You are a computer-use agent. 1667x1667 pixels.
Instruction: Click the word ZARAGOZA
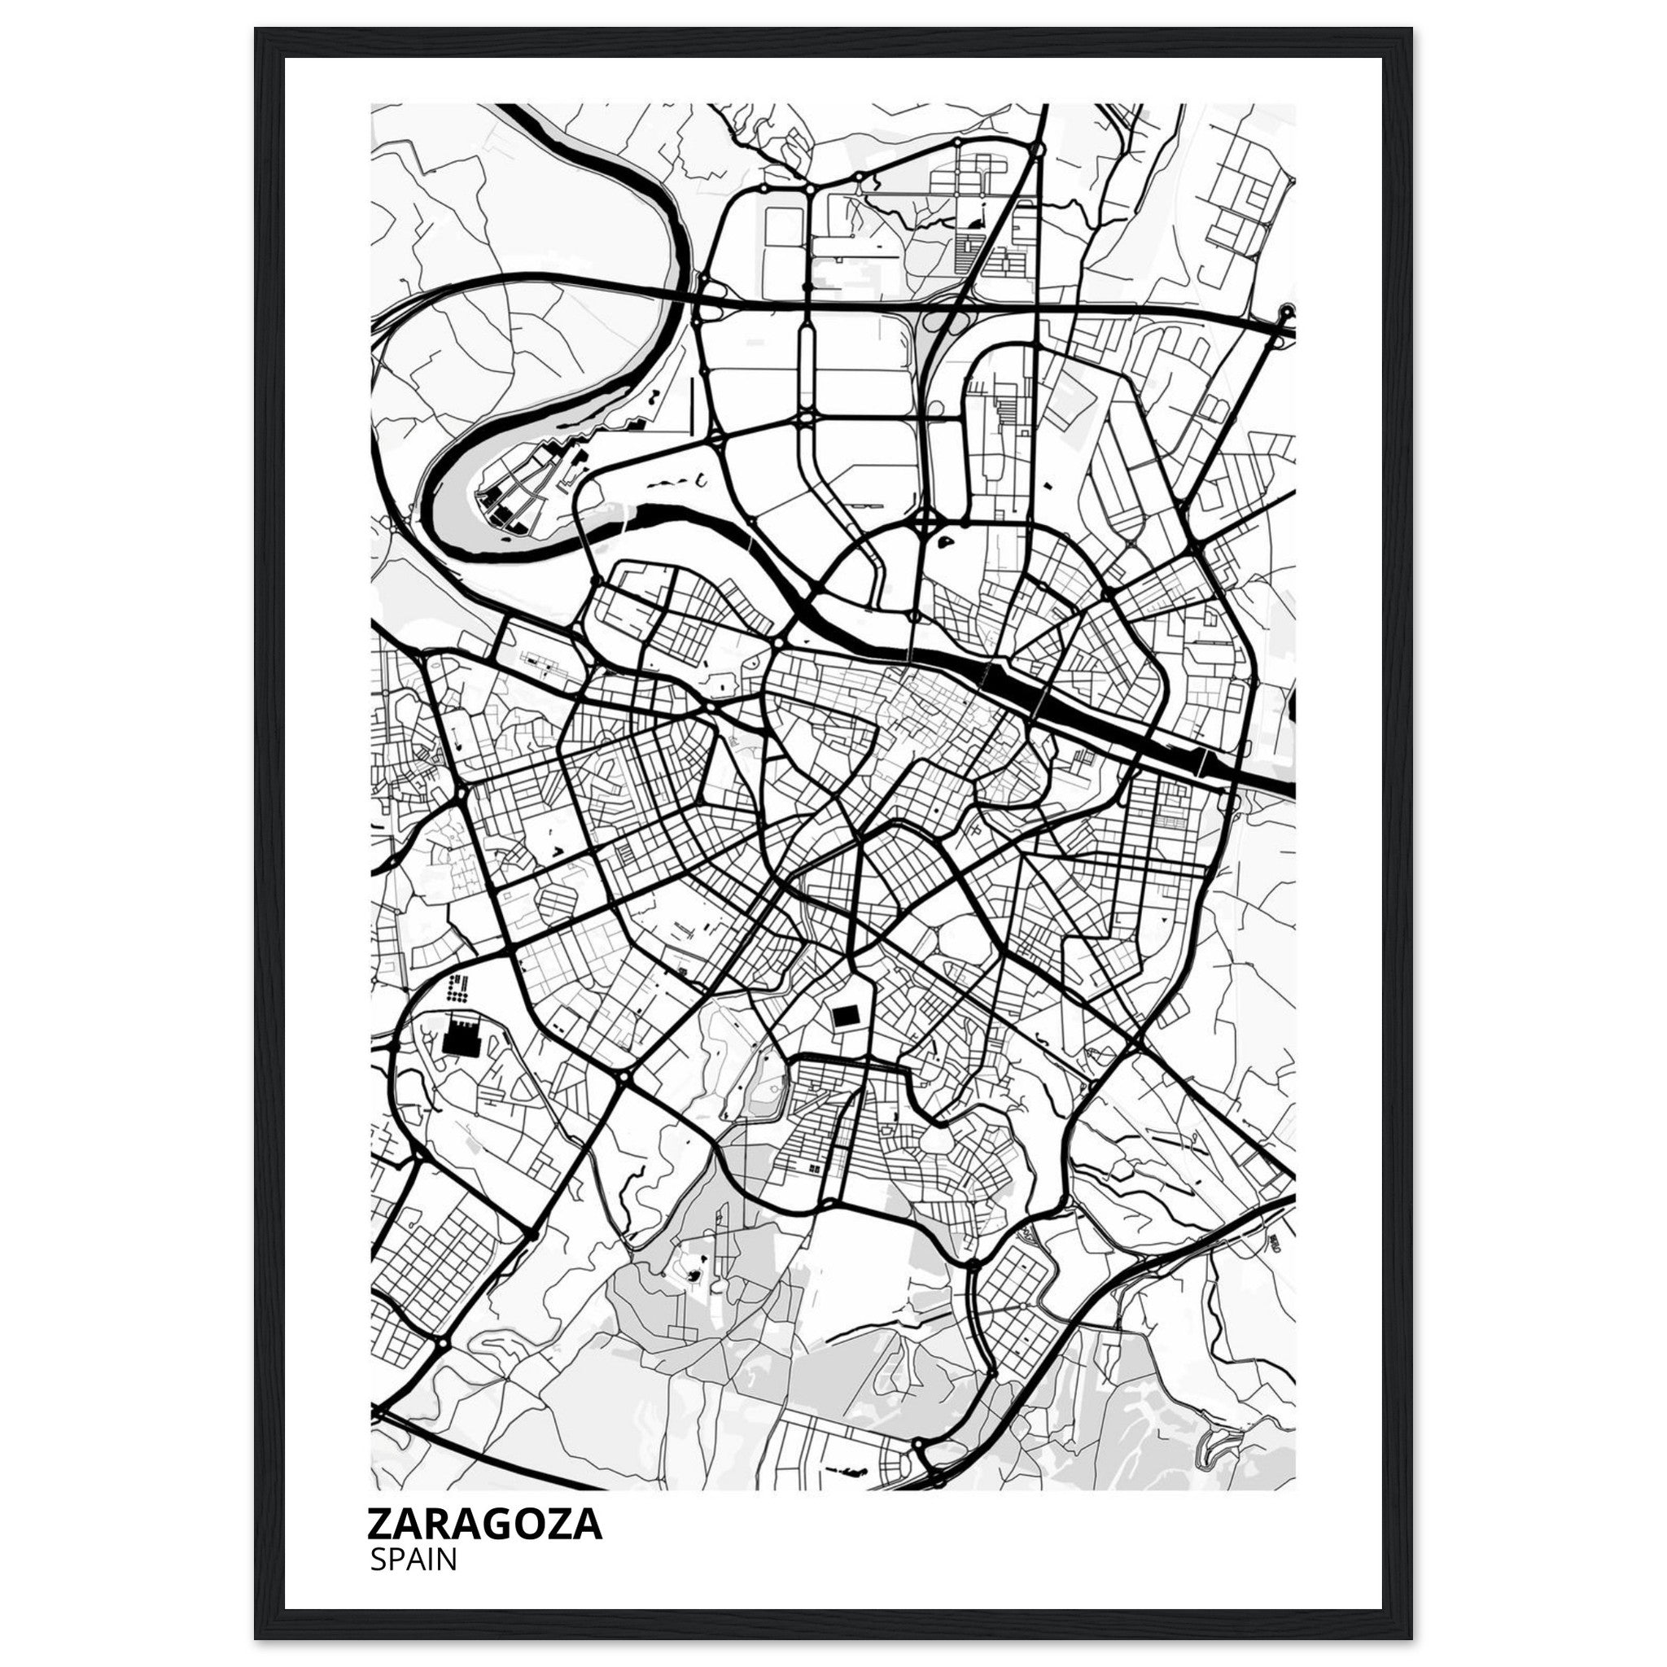[x=485, y=1524]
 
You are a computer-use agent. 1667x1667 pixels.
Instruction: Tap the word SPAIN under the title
[x=413, y=1559]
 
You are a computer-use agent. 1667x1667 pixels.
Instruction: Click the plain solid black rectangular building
[x=844, y=1017]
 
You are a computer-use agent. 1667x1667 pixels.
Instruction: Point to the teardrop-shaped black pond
[x=944, y=543]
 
